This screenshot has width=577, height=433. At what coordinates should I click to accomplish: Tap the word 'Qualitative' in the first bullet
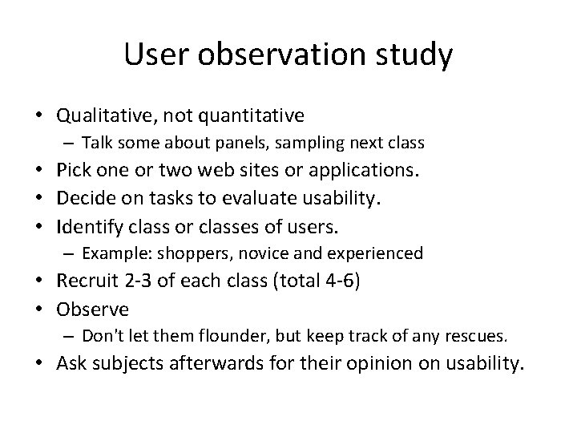click(105, 116)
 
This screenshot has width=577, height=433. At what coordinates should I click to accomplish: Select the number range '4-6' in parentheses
click(342, 281)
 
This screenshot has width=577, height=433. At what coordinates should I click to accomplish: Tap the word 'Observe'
click(94, 309)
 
